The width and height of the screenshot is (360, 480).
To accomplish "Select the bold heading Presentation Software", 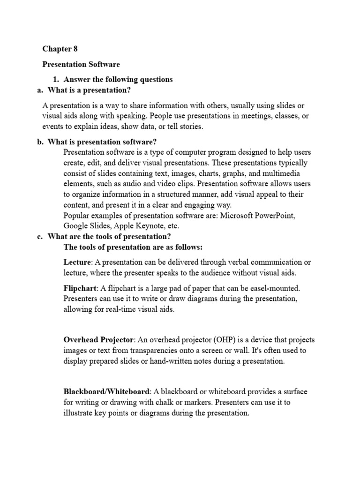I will [81, 64].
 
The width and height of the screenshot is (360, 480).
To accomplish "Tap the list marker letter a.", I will [39, 90].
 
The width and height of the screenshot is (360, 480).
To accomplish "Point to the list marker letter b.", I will [40, 142].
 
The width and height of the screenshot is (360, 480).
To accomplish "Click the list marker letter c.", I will [39, 236].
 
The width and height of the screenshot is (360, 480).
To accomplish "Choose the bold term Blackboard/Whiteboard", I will [107, 391].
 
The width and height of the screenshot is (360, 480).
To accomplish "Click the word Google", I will [75, 225].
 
